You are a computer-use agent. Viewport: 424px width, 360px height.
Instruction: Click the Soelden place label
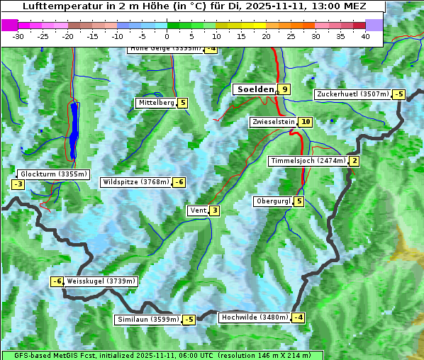point(254,89)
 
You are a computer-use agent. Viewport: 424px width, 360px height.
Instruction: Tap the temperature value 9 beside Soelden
point(284,89)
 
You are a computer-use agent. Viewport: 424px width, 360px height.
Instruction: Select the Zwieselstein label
point(273,122)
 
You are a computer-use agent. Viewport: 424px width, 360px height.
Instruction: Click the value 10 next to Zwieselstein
point(306,122)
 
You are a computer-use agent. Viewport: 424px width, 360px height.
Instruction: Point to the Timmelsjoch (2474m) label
point(308,161)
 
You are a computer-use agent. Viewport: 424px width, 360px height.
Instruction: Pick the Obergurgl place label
point(272,201)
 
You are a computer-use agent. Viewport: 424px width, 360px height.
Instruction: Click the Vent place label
point(198,210)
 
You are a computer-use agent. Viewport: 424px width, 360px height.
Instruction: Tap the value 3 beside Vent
point(214,210)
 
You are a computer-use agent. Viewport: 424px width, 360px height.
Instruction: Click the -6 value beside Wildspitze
point(179,182)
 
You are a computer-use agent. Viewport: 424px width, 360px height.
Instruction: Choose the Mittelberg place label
point(156,103)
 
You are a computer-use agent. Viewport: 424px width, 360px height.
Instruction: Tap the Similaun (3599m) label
point(148,320)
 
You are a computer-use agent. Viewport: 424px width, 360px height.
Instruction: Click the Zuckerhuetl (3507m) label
point(353,94)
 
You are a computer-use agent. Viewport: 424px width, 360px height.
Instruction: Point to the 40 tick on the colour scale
point(365,36)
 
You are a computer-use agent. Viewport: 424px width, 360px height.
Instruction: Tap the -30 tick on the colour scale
point(19,36)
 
